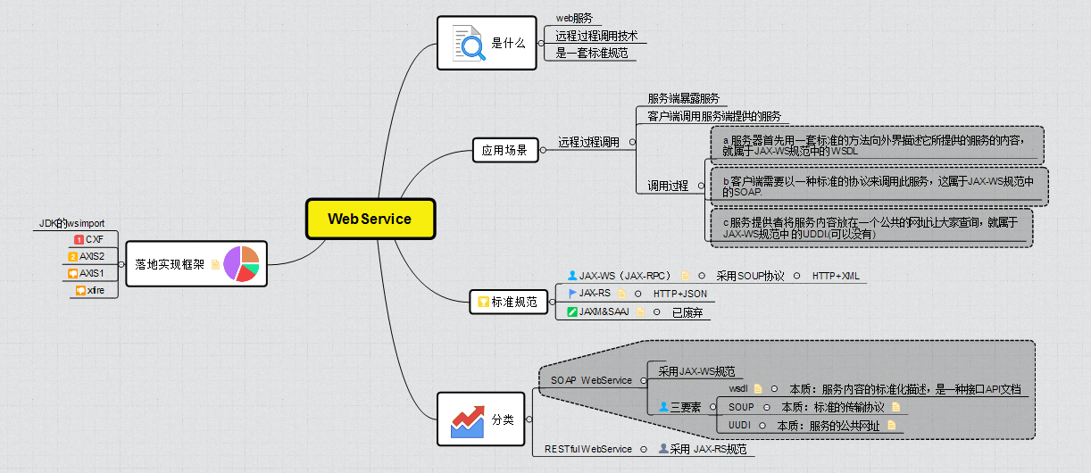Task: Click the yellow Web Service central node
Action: (x=370, y=219)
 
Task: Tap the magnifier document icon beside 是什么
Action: (x=470, y=43)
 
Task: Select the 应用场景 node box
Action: (x=504, y=151)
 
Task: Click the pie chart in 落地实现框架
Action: (x=241, y=264)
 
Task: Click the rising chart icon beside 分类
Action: (x=468, y=419)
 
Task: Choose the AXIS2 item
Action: (x=92, y=256)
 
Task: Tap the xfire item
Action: (x=94, y=290)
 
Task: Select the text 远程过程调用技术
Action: (x=596, y=37)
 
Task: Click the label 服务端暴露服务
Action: (x=683, y=98)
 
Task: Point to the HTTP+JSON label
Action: (x=679, y=294)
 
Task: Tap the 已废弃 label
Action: (x=688, y=312)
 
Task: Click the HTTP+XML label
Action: (x=836, y=276)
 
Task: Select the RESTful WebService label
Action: (x=588, y=449)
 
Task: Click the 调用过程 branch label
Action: (x=668, y=186)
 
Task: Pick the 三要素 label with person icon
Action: (x=681, y=407)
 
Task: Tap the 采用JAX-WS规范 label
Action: (x=696, y=371)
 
